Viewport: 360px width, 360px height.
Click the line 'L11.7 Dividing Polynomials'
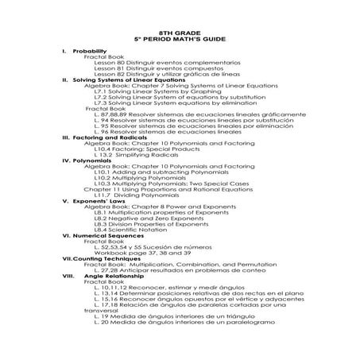pos(137,195)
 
